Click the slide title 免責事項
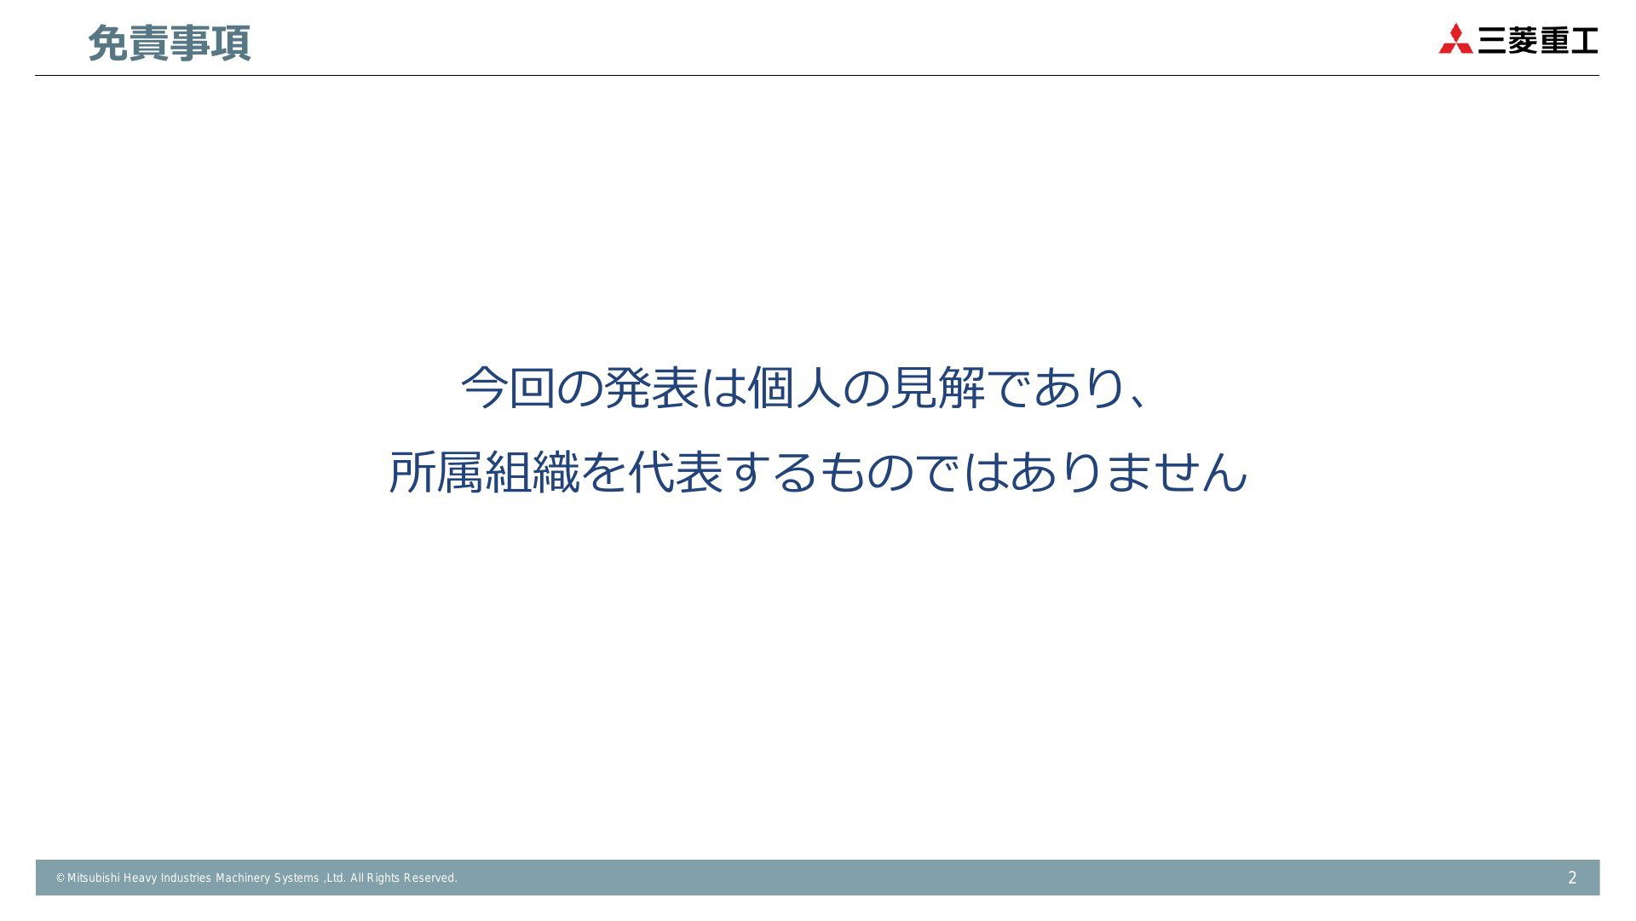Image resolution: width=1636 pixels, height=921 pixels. click(x=169, y=43)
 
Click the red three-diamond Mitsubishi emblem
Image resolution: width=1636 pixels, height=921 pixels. click(x=1455, y=39)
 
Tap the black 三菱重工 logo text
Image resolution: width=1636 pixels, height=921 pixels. click(x=1537, y=40)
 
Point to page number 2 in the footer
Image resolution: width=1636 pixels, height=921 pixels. click(x=1572, y=878)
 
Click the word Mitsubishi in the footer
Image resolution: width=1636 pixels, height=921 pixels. click(x=93, y=878)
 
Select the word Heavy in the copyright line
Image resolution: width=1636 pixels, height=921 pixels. click(x=140, y=878)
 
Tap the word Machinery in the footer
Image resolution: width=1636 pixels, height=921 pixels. click(x=242, y=878)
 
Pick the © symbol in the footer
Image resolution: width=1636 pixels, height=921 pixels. click(x=60, y=878)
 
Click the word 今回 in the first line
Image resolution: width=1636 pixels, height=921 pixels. click(x=508, y=388)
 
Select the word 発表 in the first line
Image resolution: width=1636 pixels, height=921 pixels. click(x=652, y=388)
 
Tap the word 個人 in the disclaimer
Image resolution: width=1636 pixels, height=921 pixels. click(x=795, y=388)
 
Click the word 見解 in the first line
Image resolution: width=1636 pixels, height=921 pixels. click(x=938, y=388)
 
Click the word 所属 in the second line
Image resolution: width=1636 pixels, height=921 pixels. click(x=436, y=472)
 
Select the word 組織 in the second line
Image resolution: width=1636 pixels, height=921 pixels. click(x=532, y=472)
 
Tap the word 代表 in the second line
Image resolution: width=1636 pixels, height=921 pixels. click(x=676, y=472)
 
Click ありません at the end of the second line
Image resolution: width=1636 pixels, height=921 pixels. click(x=1129, y=472)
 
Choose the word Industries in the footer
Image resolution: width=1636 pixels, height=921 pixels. click(x=186, y=878)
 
